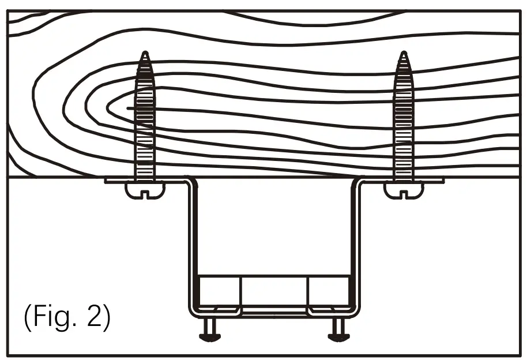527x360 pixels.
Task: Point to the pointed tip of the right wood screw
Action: click(x=403, y=53)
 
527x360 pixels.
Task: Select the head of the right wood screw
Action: click(x=403, y=189)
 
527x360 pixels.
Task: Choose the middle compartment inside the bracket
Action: click(x=274, y=291)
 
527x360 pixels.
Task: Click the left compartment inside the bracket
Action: click(x=219, y=291)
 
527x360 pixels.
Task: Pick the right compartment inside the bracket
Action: click(x=329, y=291)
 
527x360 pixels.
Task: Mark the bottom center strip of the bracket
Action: click(x=274, y=312)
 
